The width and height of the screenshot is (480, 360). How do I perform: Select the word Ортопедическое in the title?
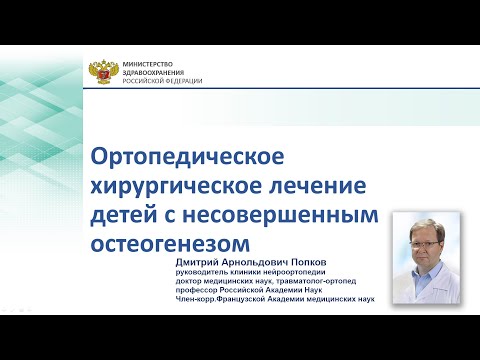(188, 157)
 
